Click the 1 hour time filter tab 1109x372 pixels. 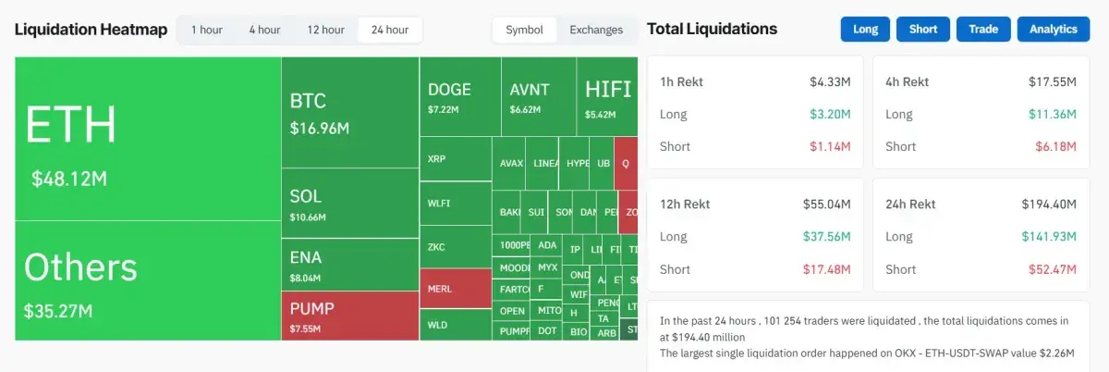coord(206,30)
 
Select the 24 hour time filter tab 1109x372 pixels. coord(389,30)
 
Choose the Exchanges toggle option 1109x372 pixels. coord(596,30)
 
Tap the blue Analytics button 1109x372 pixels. coord(1054,30)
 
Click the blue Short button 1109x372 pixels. coord(922,30)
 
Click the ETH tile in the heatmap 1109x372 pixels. coord(148,139)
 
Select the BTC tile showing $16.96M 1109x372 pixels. coord(349,112)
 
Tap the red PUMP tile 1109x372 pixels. coord(349,316)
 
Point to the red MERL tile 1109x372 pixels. coord(455,289)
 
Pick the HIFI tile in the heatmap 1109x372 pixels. coord(607,97)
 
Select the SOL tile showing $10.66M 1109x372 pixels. coord(349,204)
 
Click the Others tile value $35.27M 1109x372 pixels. coord(58,311)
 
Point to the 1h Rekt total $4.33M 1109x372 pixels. coord(829,82)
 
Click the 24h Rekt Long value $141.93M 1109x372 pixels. coord(1049,237)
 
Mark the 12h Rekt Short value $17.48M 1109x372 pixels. coord(826,269)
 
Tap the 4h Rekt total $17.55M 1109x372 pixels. coord(1052,82)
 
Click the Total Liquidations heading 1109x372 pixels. coord(712,30)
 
